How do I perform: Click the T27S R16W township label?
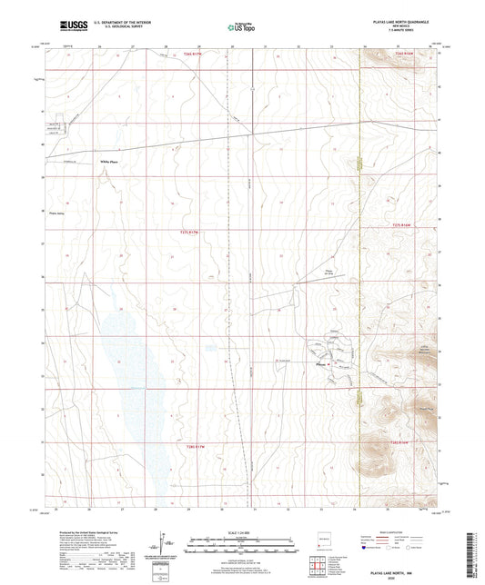[401, 225]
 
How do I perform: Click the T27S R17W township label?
[183, 233]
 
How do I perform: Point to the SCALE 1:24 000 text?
[241, 533]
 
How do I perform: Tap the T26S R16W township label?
[403, 54]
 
